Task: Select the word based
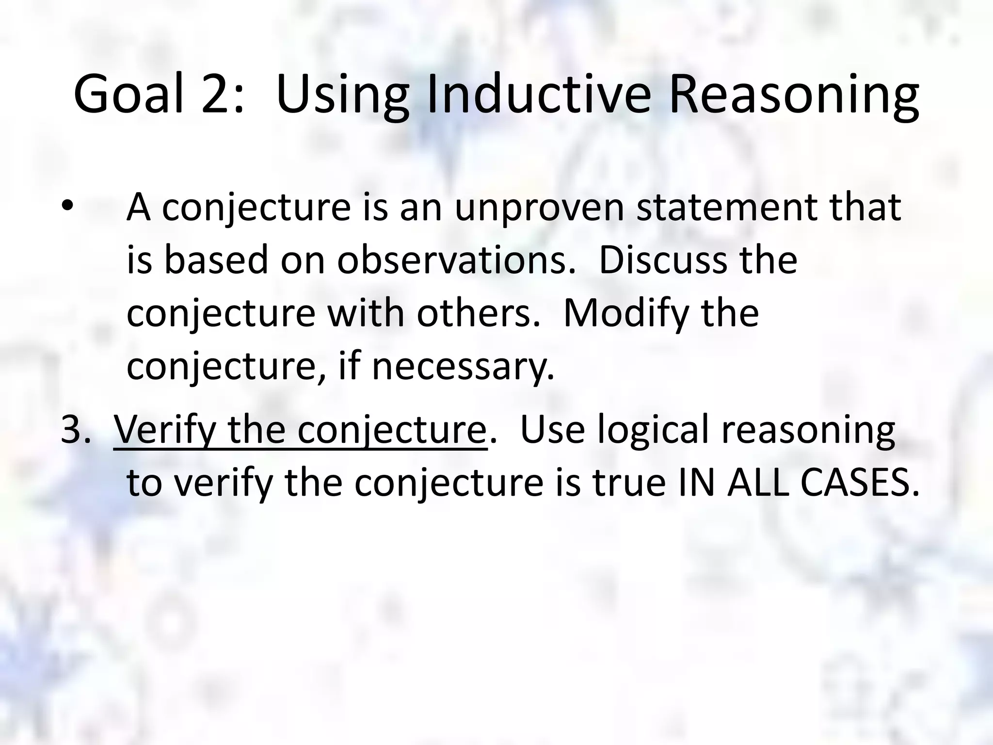(216, 260)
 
